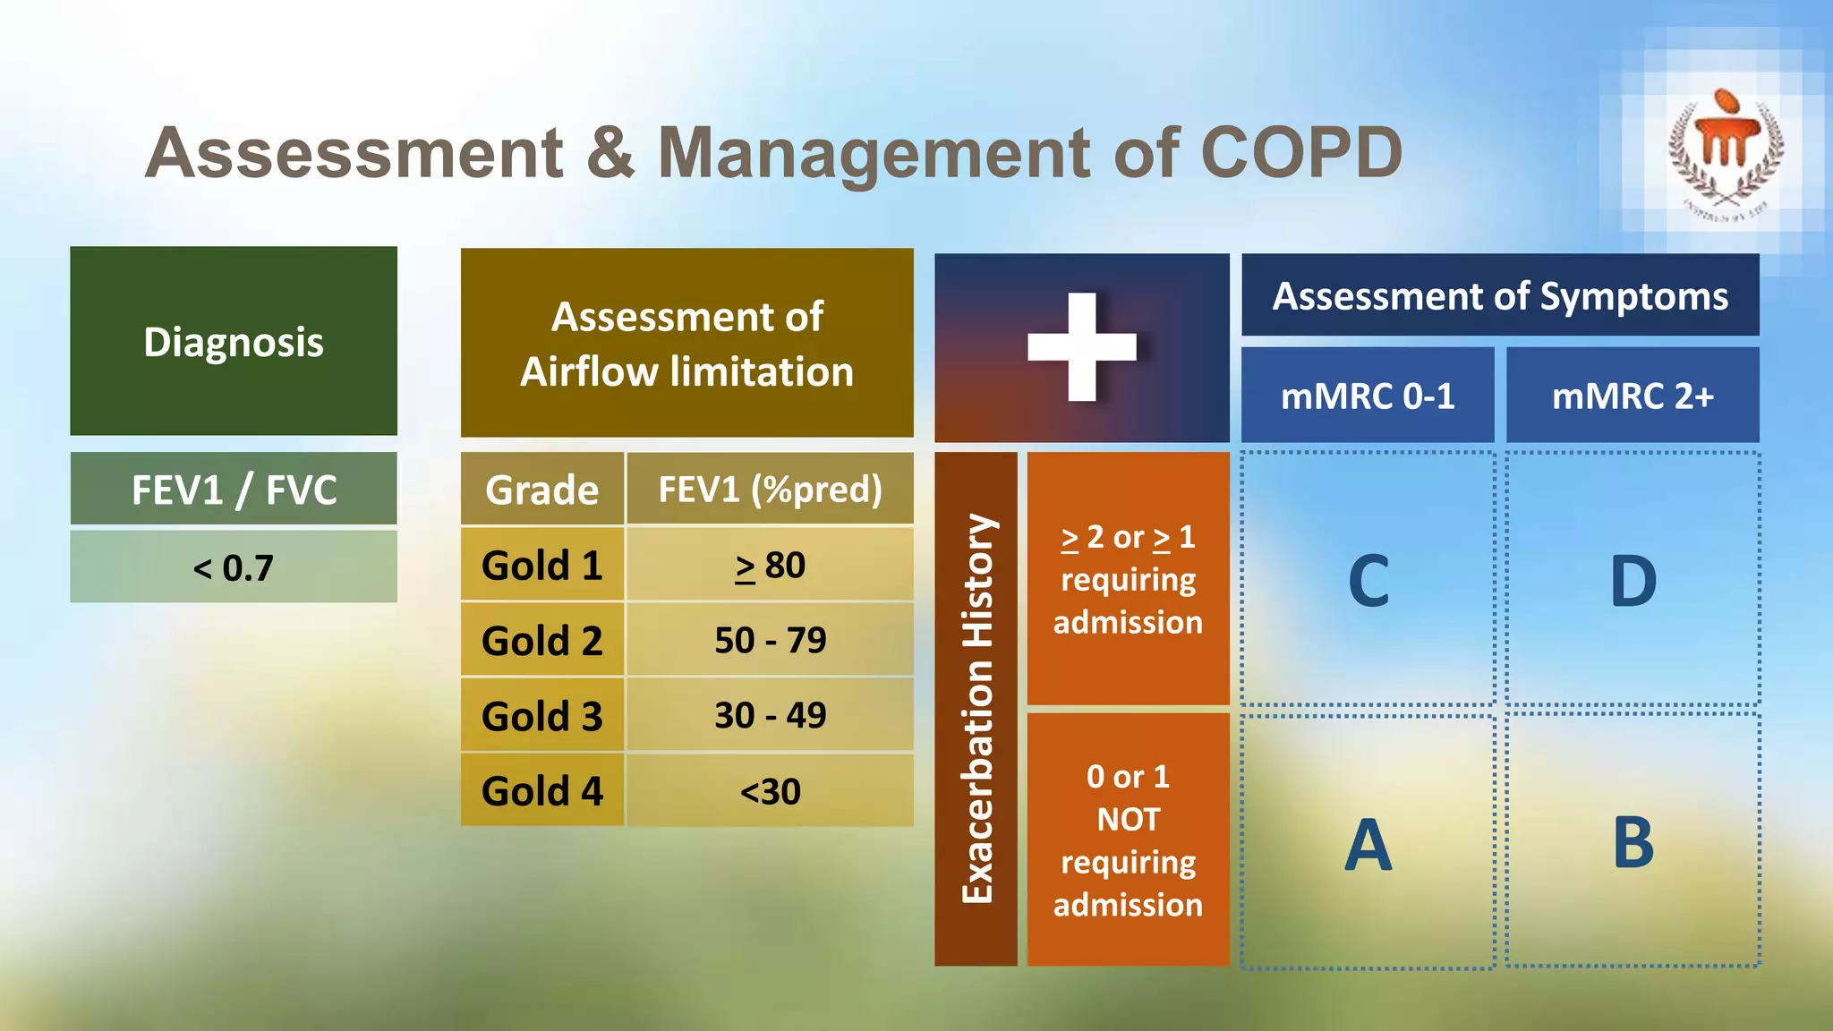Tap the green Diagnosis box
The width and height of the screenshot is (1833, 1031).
pyautogui.click(x=234, y=342)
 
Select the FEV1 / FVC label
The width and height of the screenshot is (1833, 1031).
pyautogui.click(x=234, y=490)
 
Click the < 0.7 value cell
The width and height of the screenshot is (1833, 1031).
pyautogui.click(x=234, y=567)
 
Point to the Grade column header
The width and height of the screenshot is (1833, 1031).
pyautogui.click(x=541, y=490)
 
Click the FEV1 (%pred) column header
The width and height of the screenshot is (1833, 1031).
pyautogui.click(x=770, y=490)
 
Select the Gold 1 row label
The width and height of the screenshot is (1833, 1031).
pyautogui.click(x=541, y=565)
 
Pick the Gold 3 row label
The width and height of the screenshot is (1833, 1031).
pyautogui.click(x=541, y=716)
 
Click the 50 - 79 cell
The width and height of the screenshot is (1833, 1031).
pyautogui.click(x=770, y=640)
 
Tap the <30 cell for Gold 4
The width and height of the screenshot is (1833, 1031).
pyautogui.click(x=770, y=791)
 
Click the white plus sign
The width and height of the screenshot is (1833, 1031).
pyautogui.click(x=1082, y=346)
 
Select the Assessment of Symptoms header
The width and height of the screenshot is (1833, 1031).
pyautogui.click(x=1500, y=296)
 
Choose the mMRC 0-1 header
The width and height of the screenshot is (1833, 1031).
pyautogui.click(x=1368, y=396)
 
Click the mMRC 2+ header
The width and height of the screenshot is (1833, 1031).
pyautogui.click(x=1633, y=396)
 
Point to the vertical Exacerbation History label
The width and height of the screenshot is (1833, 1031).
pyautogui.click(x=976, y=708)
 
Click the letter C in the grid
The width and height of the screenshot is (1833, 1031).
pyautogui.click(x=1368, y=581)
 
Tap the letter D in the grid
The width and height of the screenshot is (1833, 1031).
pyautogui.click(x=1633, y=581)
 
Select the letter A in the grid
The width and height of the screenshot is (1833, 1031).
pyautogui.click(x=1368, y=844)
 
